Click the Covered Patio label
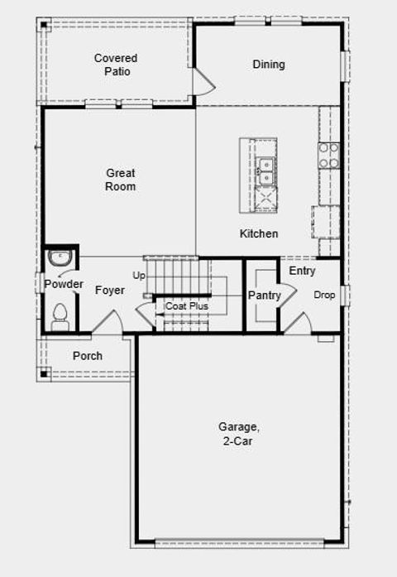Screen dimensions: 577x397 click(x=116, y=65)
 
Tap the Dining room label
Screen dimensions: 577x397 click(x=268, y=65)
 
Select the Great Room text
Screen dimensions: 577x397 click(x=121, y=180)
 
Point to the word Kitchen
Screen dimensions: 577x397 click(x=259, y=234)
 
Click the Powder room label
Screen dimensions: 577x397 click(x=64, y=285)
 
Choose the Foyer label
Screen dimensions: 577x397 click(x=110, y=291)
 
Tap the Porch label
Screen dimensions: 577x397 click(x=88, y=356)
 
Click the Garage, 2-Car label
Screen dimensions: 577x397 click(x=239, y=434)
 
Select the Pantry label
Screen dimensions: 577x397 click(x=265, y=296)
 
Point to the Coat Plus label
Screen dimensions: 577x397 click(x=187, y=306)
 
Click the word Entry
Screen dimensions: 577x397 click(x=303, y=271)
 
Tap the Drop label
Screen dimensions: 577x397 click(x=323, y=295)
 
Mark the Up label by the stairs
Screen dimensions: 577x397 click(x=139, y=275)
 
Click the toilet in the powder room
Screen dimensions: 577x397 click(x=60, y=315)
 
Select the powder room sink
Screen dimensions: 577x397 click(x=60, y=258)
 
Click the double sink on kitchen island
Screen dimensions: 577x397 click(x=265, y=171)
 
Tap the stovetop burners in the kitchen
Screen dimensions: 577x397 click(x=328, y=156)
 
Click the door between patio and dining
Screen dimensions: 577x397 click(x=203, y=81)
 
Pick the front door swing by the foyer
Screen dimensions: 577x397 click(x=108, y=323)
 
